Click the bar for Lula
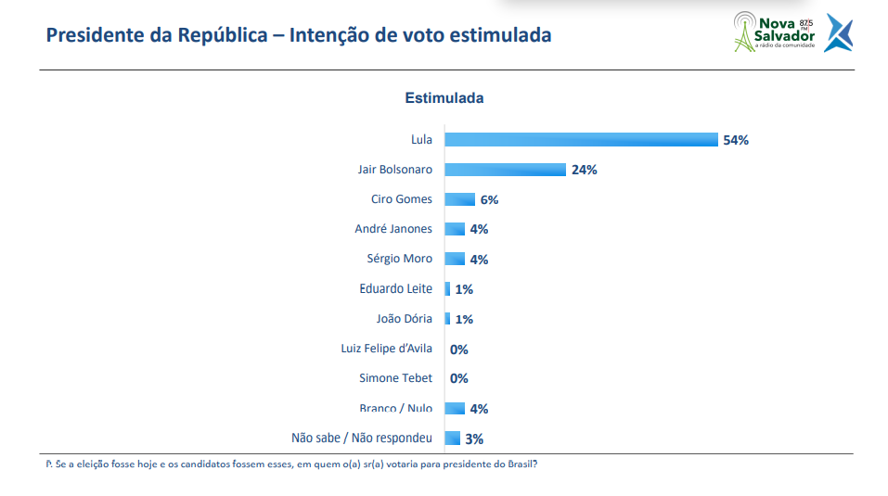581,140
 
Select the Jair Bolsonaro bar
505,170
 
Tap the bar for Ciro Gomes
459,199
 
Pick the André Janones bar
455,229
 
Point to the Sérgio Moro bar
455,260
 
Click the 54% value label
735,140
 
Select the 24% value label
584,170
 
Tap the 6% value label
489,199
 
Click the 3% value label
474,439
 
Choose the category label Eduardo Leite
395,289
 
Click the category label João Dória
404,319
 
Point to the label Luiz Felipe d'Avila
386,349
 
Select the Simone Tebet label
395,378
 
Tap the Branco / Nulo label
395,408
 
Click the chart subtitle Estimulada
444,97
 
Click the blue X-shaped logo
838,32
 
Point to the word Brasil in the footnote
520,464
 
